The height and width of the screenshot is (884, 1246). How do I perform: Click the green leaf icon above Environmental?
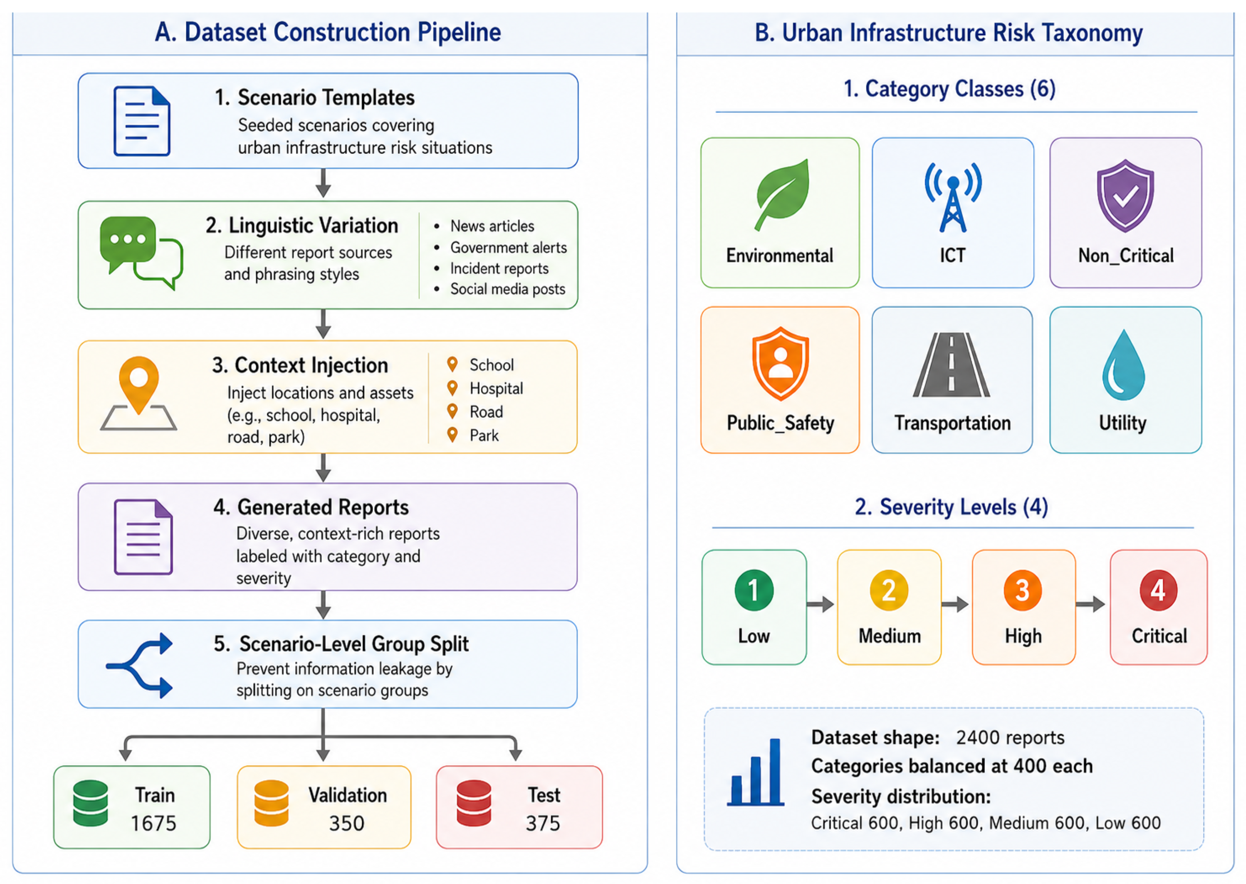tap(782, 194)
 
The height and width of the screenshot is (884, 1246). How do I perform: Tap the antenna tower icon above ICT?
tap(952, 197)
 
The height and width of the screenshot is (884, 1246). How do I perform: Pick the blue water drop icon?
tap(1123, 365)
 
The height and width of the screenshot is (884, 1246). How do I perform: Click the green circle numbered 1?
tap(754, 590)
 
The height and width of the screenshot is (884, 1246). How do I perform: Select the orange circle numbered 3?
tap(1023, 590)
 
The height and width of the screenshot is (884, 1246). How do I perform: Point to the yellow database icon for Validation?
tap(271, 803)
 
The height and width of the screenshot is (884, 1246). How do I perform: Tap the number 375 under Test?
tap(543, 823)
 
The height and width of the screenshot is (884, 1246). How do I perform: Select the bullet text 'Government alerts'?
tap(508, 248)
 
